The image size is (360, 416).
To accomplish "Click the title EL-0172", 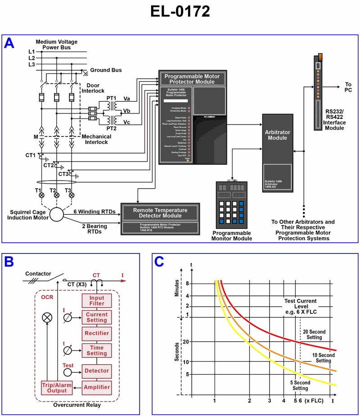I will tap(180, 12).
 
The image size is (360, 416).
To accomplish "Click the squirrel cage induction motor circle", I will tap(57, 215).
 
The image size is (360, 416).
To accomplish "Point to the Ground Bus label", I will tap(106, 70).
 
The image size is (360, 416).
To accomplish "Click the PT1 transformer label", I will tap(111, 98).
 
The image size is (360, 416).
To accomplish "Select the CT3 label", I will tap(64, 174).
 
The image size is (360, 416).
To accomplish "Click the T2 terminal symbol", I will tap(57, 195).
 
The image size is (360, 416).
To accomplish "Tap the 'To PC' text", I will tap(348, 87).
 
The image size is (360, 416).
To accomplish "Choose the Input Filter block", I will tap(96, 301).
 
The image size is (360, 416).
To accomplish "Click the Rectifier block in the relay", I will tap(96, 334).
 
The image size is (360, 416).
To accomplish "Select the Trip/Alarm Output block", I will tap(54, 387).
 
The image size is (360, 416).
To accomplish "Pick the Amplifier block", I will tap(96, 387).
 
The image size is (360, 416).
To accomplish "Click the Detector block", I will tap(96, 371).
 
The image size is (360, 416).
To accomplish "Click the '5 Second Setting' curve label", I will tap(300, 385).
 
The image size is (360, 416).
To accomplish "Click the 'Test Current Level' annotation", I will tap(300, 306).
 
